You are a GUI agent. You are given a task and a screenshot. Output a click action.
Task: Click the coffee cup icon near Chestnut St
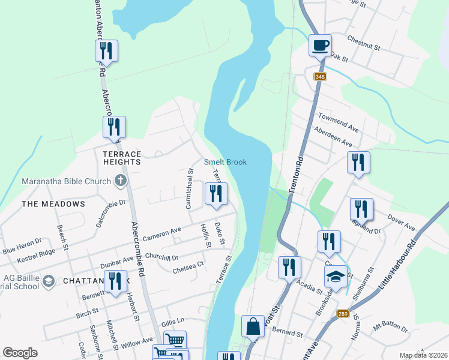(320, 44)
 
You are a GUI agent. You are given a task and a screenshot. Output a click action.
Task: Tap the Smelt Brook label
(225, 162)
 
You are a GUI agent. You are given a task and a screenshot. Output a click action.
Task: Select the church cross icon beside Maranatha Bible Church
(120, 181)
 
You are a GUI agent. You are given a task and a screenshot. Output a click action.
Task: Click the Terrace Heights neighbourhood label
(122, 158)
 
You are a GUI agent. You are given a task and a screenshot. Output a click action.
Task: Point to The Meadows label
(53, 204)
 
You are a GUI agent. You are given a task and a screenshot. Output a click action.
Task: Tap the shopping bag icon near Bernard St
(253, 327)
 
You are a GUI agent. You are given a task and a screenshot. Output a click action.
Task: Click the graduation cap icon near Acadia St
(336, 277)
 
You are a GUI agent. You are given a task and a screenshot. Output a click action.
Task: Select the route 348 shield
(320, 76)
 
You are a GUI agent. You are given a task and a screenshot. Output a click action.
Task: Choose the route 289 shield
(342, 313)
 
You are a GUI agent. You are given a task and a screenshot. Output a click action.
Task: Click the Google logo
(20, 353)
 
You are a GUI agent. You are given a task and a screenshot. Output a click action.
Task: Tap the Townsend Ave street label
(338, 121)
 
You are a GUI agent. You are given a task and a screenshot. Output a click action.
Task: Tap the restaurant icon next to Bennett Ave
(112, 281)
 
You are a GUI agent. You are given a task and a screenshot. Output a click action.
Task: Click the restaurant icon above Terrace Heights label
(114, 127)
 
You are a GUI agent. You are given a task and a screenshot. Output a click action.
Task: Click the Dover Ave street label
(402, 223)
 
